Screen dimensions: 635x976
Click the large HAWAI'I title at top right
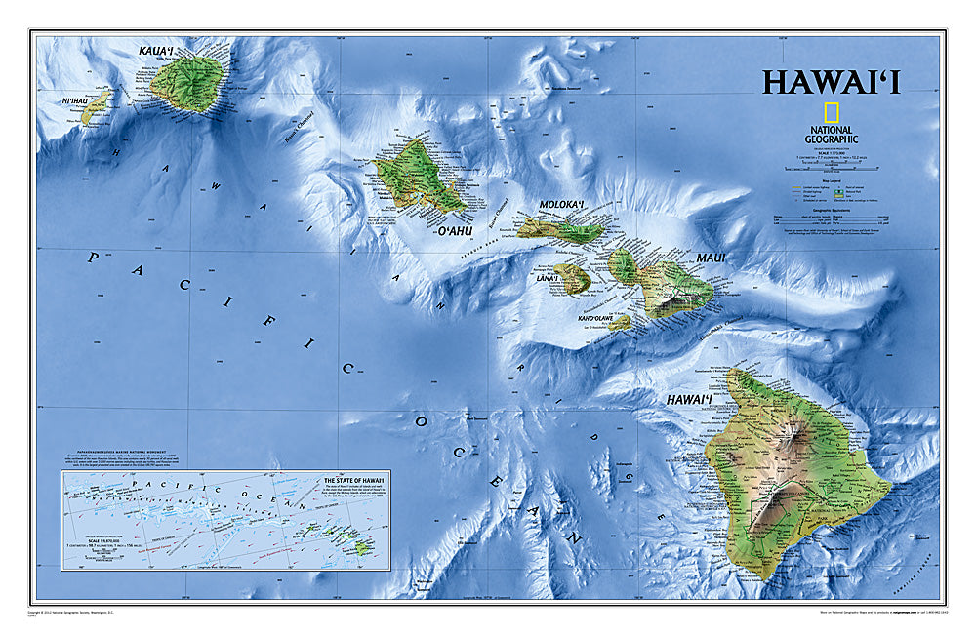click(831, 81)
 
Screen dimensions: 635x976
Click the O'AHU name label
click(454, 230)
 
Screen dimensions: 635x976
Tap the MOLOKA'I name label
click(561, 205)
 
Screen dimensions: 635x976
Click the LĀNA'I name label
click(548, 279)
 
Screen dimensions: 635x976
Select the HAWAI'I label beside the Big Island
click(690, 400)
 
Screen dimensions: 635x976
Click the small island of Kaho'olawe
click(620, 322)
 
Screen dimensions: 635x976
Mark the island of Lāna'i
click(573, 280)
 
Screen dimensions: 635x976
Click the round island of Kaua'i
click(187, 84)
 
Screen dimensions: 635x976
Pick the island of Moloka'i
click(561, 228)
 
